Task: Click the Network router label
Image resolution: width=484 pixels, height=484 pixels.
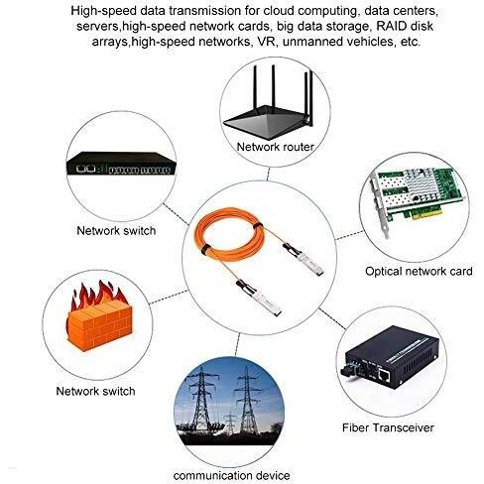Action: [x=275, y=147]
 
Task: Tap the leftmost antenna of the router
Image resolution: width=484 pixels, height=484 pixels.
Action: [x=255, y=86]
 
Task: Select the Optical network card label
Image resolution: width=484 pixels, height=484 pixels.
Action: [x=419, y=272]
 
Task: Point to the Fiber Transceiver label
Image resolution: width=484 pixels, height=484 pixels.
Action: [x=388, y=427]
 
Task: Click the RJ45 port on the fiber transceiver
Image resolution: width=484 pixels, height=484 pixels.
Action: [x=384, y=375]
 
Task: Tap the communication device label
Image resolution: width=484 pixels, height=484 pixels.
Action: [x=231, y=476]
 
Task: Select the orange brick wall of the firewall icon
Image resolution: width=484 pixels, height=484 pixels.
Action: [x=100, y=326]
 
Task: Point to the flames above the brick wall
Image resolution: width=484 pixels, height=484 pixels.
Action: [x=98, y=295]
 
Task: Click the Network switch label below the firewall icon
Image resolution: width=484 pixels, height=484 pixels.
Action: [x=95, y=391]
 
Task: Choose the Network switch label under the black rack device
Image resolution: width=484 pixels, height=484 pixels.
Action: [x=116, y=230]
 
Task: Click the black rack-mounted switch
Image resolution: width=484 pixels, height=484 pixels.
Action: [x=121, y=164]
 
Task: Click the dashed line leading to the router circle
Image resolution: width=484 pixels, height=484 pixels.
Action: [x=268, y=174]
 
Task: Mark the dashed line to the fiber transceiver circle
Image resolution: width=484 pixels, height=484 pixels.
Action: [x=332, y=319]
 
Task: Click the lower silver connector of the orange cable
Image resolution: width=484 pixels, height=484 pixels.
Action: [x=259, y=299]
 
